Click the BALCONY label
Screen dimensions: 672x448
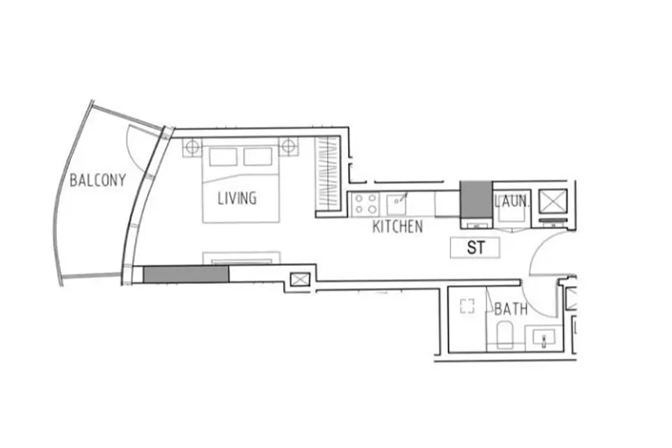[x=98, y=180]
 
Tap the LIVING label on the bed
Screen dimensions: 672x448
[x=237, y=198]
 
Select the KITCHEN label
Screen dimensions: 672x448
[x=398, y=226]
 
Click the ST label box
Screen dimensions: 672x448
[x=475, y=248]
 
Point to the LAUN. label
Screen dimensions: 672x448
[x=512, y=201]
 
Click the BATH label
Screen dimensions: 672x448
[x=511, y=308]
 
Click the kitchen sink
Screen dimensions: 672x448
[x=396, y=204]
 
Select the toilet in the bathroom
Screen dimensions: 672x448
[x=505, y=334]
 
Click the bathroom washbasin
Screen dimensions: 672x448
[x=544, y=336]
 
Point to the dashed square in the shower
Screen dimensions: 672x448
[x=467, y=306]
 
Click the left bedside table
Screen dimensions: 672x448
[x=193, y=148]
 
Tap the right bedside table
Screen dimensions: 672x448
[x=288, y=147]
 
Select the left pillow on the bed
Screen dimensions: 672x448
[x=223, y=157]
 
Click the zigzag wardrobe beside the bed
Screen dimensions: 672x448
[x=328, y=174]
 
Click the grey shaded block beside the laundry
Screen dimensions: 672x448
[x=476, y=199]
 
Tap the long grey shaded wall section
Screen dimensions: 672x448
[x=186, y=274]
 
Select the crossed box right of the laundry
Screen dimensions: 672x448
[x=553, y=201]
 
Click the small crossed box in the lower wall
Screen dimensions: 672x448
[x=300, y=279]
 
